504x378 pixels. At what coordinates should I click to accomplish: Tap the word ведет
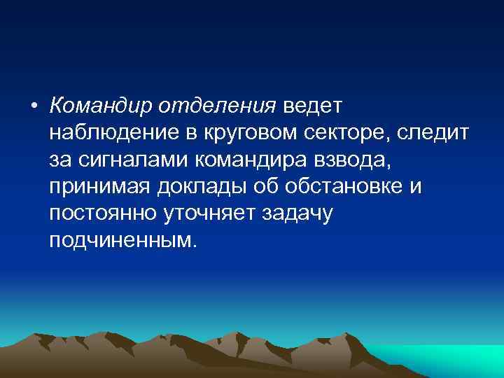point(311,106)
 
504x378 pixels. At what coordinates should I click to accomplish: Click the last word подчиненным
point(124,241)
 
